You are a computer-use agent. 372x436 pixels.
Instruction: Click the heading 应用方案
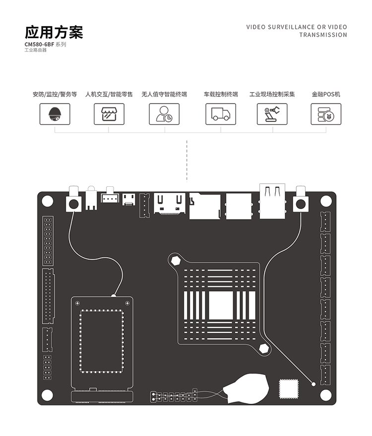(x=54, y=32)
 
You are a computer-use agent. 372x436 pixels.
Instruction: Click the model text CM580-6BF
(x=39, y=45)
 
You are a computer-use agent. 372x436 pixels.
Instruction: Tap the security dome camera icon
(x=54, y=114)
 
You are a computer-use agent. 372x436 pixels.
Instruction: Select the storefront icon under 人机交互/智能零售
(x=109, y=114)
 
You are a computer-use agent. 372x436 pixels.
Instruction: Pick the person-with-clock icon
(x=164, y=114)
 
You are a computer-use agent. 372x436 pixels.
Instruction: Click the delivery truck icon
(x=221, y=114)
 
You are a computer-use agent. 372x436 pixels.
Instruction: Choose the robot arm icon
(x=272, y=114)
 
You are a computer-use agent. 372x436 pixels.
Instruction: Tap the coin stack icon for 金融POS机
(x=326, y=114)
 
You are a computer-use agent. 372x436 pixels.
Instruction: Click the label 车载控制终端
(x=221, y=94)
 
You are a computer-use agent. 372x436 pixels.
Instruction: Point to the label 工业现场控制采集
(x=272, y=94)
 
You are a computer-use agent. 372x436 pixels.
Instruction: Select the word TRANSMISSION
(x=323, y=35)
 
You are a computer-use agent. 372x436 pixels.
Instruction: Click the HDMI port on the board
(x=170, y=203)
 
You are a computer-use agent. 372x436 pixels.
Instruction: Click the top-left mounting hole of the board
(x=47, y=201)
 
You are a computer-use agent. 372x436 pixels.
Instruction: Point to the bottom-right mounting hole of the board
(x=326, y=395)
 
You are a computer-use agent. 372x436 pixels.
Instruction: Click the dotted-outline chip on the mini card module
(x=102, y=341)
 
